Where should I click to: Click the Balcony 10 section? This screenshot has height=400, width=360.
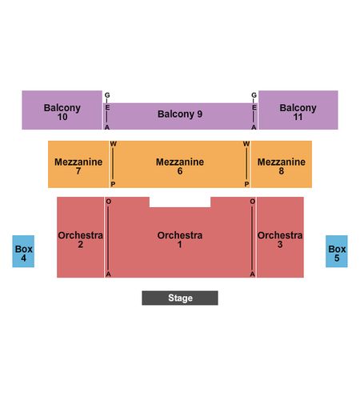click(x=62, y=110)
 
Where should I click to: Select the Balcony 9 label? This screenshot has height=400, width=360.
click(x=180, y=114)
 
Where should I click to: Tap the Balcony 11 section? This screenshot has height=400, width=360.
click(x=298, y=110)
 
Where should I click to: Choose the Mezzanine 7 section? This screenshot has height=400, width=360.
click(x=78, y=164)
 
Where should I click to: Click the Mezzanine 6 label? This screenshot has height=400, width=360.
click(x=180, y=166)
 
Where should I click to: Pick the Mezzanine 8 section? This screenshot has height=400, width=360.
click(x=282, y=164)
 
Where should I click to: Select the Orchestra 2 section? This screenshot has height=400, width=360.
click(x=80, y=237)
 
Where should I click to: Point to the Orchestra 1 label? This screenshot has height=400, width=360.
click(x=180, y=239)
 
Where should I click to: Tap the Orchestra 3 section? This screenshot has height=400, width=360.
click(x=280, y=237)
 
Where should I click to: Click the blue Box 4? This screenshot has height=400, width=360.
click(x=23, y=251)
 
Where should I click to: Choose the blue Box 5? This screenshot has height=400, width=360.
click(x=337, y=251)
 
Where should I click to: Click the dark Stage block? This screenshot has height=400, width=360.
click(x=180, y=298)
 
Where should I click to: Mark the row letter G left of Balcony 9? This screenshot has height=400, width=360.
click(x=107, y=95)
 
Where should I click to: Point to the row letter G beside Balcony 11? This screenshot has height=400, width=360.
click(x=254, y=95)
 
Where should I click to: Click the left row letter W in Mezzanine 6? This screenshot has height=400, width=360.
click(x=113, y=144)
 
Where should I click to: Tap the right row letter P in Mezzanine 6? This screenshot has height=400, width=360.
click(x=246, y=184)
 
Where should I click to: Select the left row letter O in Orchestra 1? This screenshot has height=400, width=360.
click(x=109, y=202)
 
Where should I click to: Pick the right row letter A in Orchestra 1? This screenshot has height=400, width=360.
click(x=252, y=274)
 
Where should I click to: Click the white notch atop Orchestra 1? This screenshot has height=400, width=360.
click(x=180, y=202)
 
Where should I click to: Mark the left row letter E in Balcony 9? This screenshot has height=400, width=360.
click(x=107, y=107)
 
